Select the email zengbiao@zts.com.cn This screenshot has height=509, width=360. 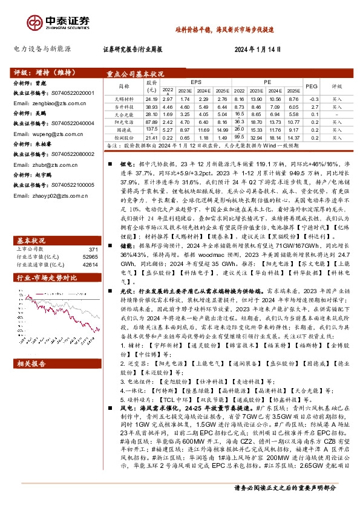pyautogui.click(x=40, y=103)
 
